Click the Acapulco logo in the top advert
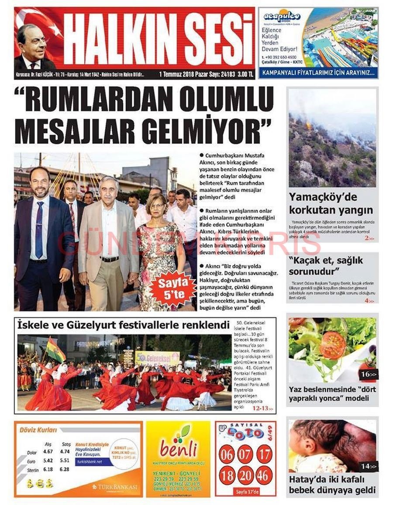282,17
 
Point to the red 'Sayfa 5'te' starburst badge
172,288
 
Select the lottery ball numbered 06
226,454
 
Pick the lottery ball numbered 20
245,475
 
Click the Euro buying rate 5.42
48,460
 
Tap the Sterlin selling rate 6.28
65,469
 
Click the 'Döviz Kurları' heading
38,430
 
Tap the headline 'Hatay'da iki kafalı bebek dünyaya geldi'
332,484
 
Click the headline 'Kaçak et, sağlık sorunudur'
325,266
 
